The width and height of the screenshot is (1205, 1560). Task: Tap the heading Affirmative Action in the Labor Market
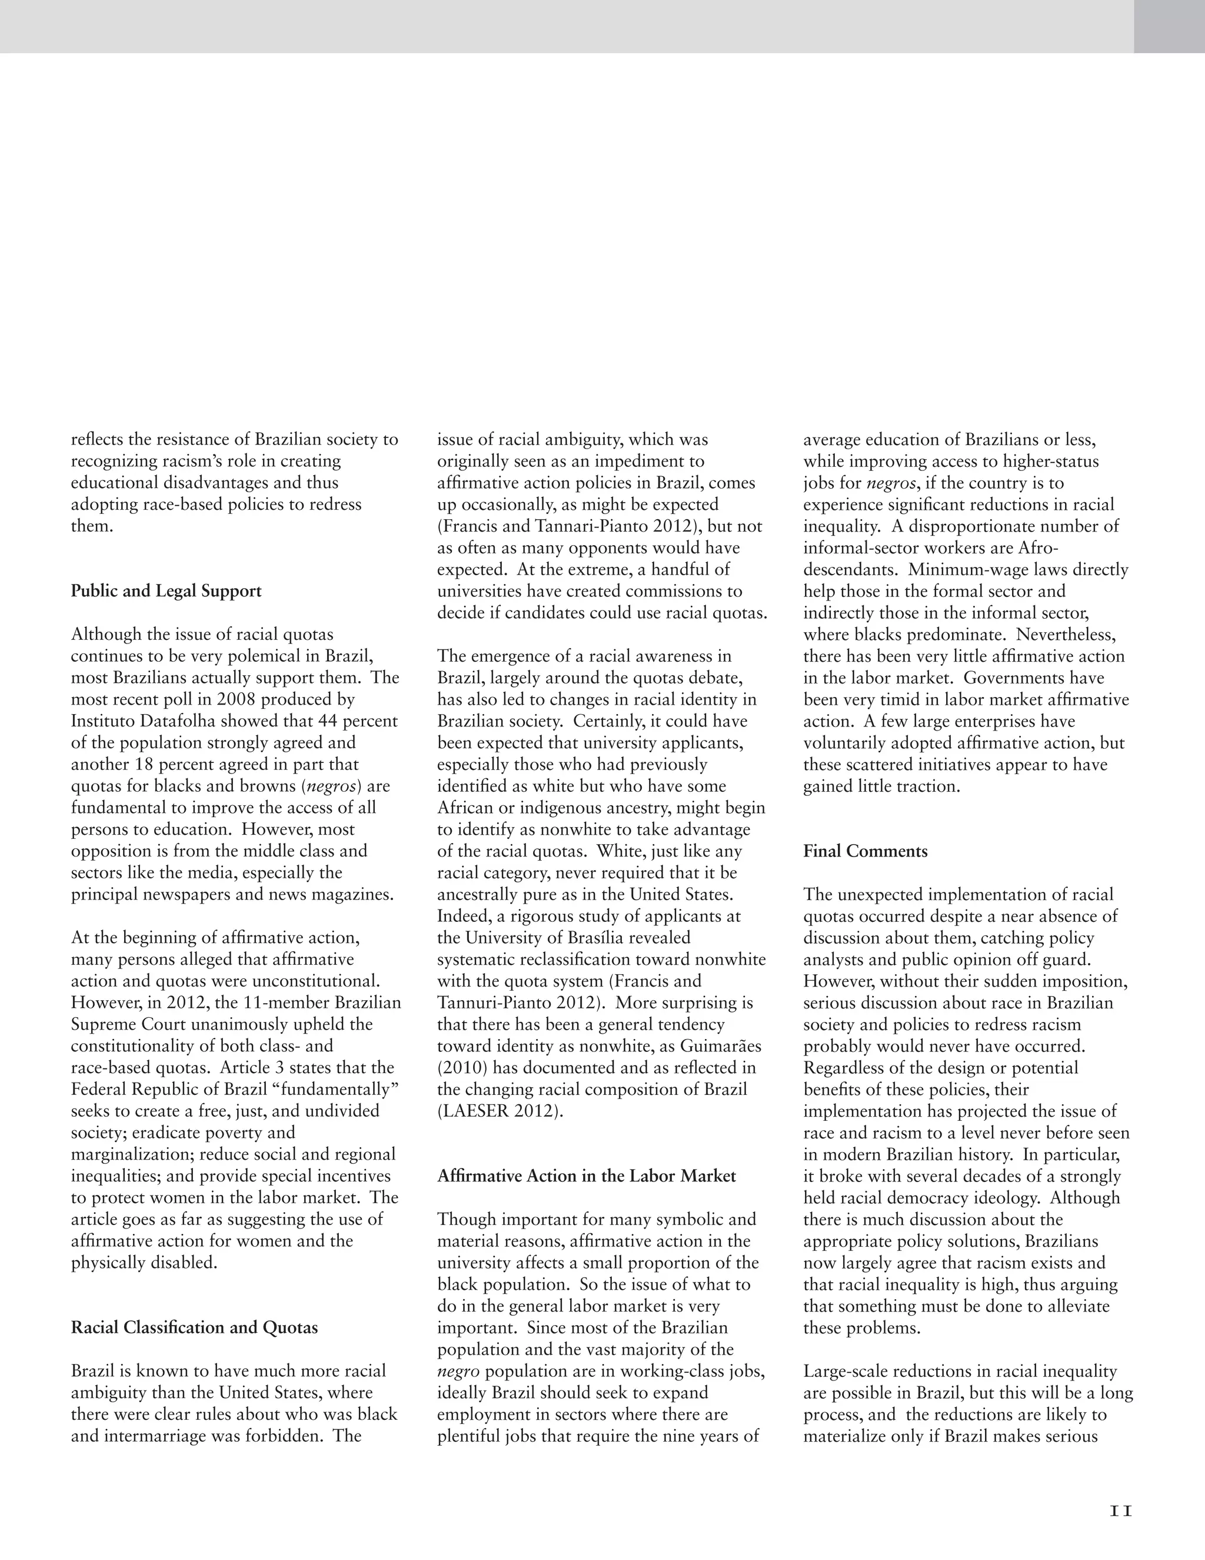(586, 1176)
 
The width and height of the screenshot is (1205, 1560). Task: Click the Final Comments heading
(865, 851)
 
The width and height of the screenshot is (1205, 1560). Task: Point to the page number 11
(1121, 1505)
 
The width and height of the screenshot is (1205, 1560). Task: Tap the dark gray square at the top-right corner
(1169, 26)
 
